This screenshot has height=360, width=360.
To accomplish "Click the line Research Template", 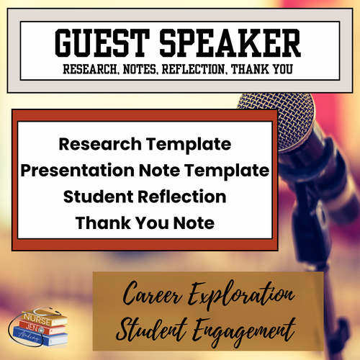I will pyautogui.click(x=145, y=143).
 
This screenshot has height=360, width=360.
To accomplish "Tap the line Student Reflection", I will pyautogui.click(x=145, y=197).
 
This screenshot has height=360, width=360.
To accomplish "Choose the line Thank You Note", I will pyautogui.click(x=145, y=223).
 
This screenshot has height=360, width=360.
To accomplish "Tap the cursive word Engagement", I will pyautogui.click(x=248, y=332).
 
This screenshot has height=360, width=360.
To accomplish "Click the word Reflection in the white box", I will pyautogui.click(x=184, y=197).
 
